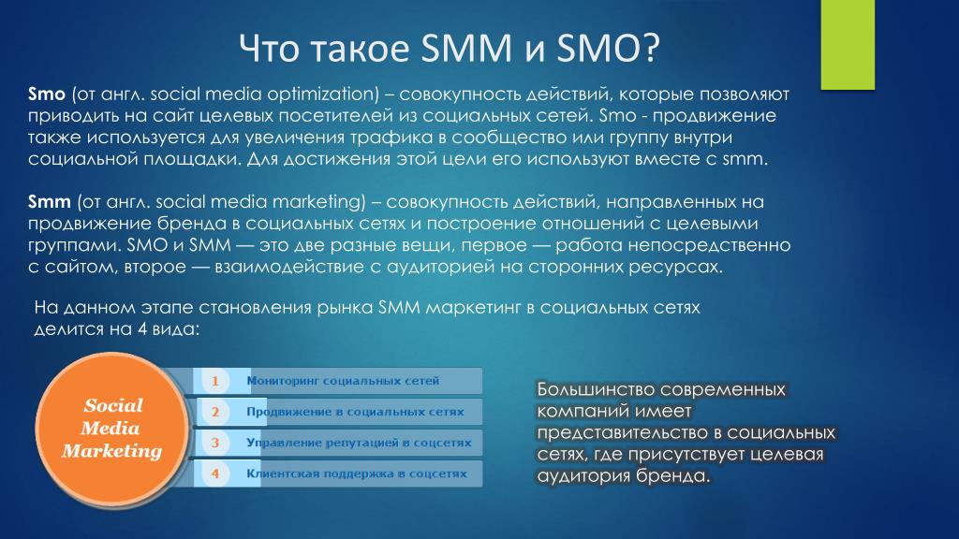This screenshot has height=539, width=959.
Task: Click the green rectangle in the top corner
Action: pyautogui.click(x=848, y=45)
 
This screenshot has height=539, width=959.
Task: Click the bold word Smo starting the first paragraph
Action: pyautogui.click(x=47, y=95)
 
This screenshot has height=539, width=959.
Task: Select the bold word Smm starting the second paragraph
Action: pyautogui.click(x=50, y=202)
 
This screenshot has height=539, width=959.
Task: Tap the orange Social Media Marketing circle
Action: pyautogui.click(x=112, y=429)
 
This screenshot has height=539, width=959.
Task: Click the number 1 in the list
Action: pyautogui.click(x=215, y=382)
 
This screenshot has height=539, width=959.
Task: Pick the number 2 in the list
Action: pyautogui.click(x=215, y=412)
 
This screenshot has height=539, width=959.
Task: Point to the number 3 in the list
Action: pyautogui.click(x=215, y=443)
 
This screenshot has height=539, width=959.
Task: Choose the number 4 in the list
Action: pyautogui.click(x=215, y=473)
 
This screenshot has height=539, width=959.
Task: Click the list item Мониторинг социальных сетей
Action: pyautogui.click(x=343, y=381)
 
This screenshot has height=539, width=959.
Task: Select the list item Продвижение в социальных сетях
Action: pyautogui.click(x=355, y=412)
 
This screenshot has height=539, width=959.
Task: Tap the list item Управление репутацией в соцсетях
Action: pyautogui.click(x=359, y=443)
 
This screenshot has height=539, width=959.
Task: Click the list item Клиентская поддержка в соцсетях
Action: pyautogui.click(x=356, y=473)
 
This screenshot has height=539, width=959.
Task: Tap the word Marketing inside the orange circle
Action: pyautogui.click(x=112, y=451)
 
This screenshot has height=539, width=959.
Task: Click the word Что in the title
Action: pyautogui.click(x=269, y=48)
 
